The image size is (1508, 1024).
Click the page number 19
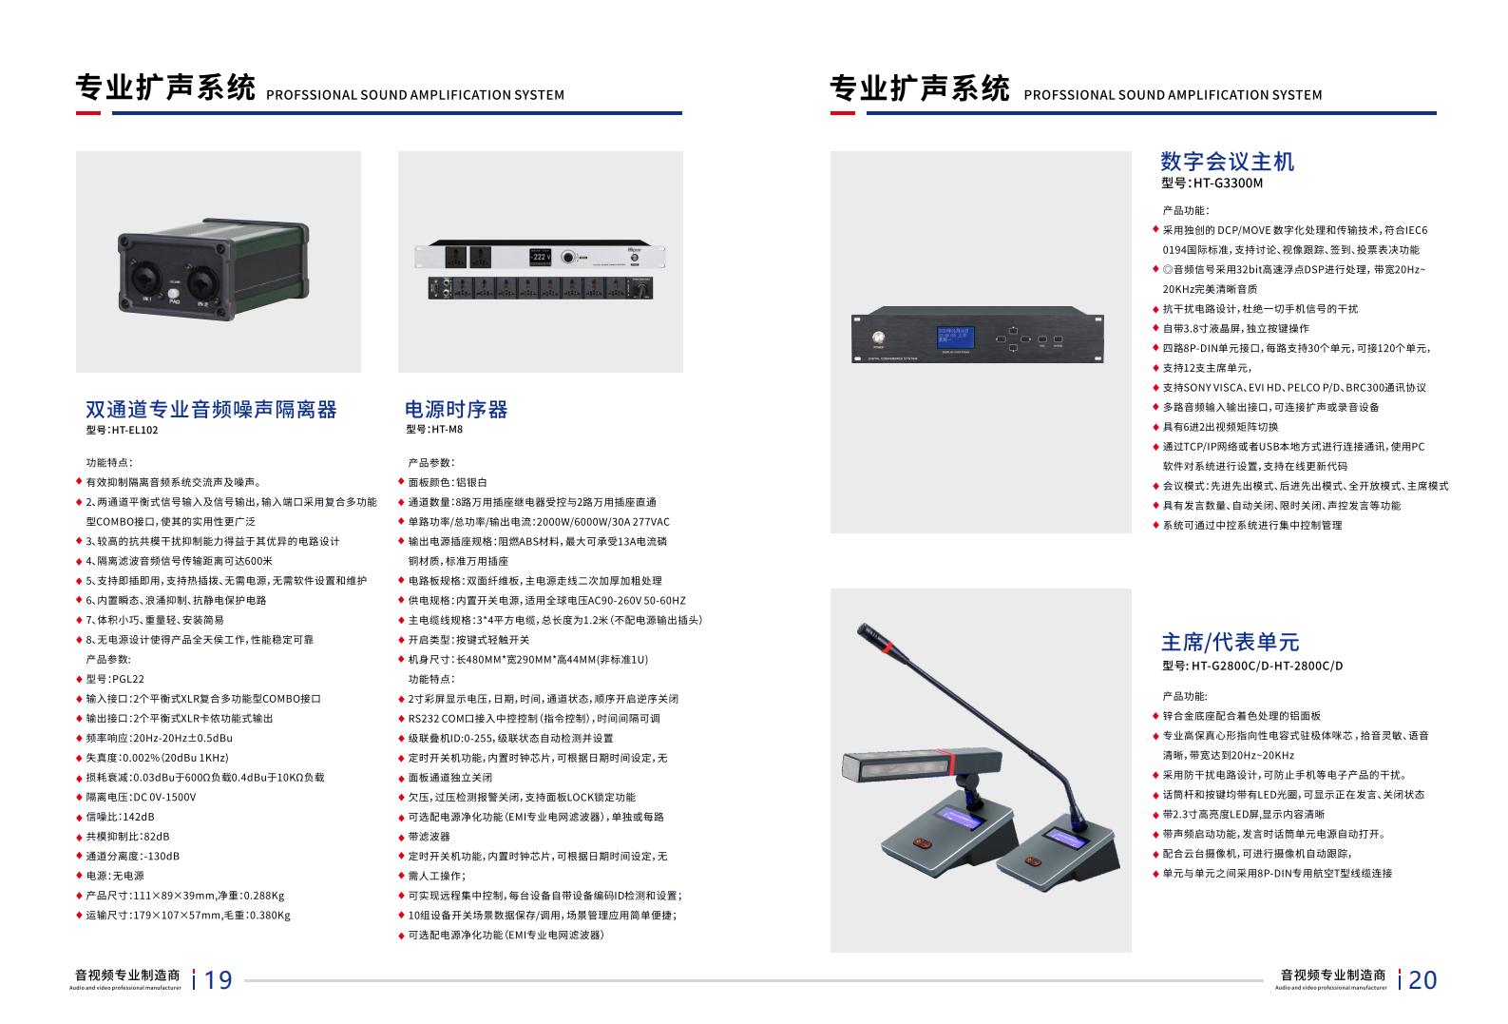click(x=219, y=980)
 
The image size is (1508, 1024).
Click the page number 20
click(x=1422, y=980)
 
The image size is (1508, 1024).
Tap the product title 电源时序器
click(x=456, y=410)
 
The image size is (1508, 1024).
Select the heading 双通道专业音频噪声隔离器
click(x=211, y=410)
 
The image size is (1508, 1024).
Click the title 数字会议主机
click(x=1228, y=162)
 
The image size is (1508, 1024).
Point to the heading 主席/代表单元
click(x=1230, y=642)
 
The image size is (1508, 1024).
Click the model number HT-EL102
click(x=135, y=430)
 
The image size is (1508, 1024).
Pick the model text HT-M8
click(x=447, y=429)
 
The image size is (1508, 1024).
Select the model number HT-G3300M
click(x=1228, y=184)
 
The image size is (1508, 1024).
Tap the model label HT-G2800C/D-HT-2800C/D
click(x=1267, y=667)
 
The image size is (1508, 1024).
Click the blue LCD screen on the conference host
click(x=955, y=337)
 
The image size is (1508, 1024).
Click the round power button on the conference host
click(x=878, y=338)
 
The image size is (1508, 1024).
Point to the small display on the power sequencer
click(x=541, y=257)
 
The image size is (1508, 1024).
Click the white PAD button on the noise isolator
click(x=174, y=294)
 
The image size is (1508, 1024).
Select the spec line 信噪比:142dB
click(x=120, y=817)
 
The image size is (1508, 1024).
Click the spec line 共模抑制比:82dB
click(x=127, y=837)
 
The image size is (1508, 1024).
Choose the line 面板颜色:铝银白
click(x=447, y=482)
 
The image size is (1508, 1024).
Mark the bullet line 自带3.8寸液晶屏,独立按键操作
click(x=1235, y=329)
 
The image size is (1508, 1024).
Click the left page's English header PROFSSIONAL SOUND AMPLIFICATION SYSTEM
click(x=415, y=95)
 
